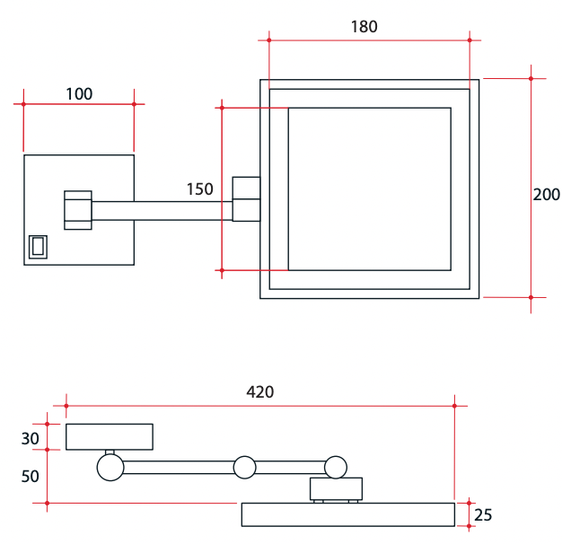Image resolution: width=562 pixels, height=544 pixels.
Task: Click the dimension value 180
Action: point(364,26)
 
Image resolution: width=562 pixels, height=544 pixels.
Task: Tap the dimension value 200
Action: point(546,195)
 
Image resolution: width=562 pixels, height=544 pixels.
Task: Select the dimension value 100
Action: point(79,93)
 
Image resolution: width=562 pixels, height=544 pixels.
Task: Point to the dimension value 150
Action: point(199,189)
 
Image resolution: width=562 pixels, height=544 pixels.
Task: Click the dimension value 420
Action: point(259,392)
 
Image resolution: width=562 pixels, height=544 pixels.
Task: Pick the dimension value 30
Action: point(31,438)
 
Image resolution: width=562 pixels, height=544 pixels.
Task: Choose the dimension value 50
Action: point(31,476)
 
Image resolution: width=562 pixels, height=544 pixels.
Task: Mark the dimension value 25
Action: point(483,515)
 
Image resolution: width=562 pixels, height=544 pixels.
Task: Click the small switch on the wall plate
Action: point(38,246)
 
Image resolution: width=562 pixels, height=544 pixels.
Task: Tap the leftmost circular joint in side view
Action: point(110,467)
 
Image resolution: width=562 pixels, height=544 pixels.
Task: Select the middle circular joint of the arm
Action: point(244,467)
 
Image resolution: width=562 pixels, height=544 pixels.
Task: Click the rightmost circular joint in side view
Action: point(336,467)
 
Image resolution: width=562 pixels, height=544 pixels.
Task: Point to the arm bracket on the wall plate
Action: point(77,210)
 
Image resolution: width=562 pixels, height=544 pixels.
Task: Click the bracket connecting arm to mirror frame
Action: point(246,199)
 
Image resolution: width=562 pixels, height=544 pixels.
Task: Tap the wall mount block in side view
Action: point(110,436)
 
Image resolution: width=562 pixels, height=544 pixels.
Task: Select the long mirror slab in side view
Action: point(348,514)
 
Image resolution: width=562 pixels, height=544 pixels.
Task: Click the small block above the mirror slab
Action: point(336,488)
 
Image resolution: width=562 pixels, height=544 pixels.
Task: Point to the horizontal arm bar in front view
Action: point(162,210)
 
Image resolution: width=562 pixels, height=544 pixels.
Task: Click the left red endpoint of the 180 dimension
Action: point(268,39)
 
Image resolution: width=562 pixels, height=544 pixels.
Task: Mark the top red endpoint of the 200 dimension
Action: point(531,78)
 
